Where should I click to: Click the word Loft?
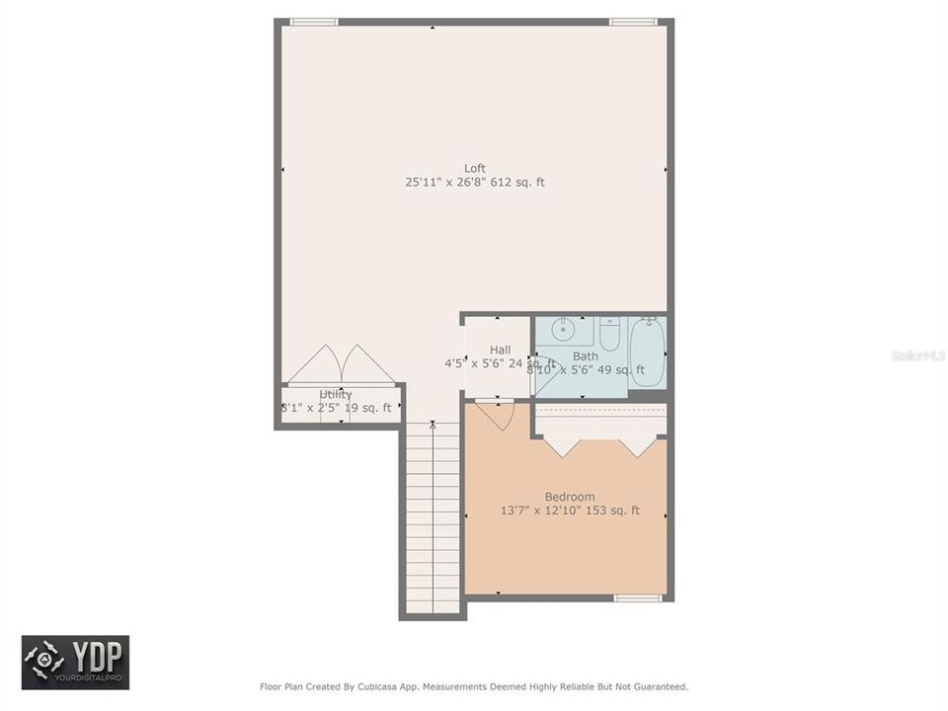(475, 168)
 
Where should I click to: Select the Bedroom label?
(570, 497)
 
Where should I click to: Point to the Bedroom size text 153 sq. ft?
(613, 512)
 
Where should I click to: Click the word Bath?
(585, 356)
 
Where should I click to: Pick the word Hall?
(500, 350)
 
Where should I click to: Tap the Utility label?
(335, 395)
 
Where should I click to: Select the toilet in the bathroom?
(609, 334)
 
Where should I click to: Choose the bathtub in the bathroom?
(648, 353)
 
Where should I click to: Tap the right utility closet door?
(367, 364)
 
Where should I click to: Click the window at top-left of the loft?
(314, 22)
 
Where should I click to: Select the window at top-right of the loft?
(633, 22)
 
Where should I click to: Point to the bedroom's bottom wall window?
(638, 597)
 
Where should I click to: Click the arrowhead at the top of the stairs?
(433, 426)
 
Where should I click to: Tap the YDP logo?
(76, 662)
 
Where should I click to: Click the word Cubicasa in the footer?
(365, 686)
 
